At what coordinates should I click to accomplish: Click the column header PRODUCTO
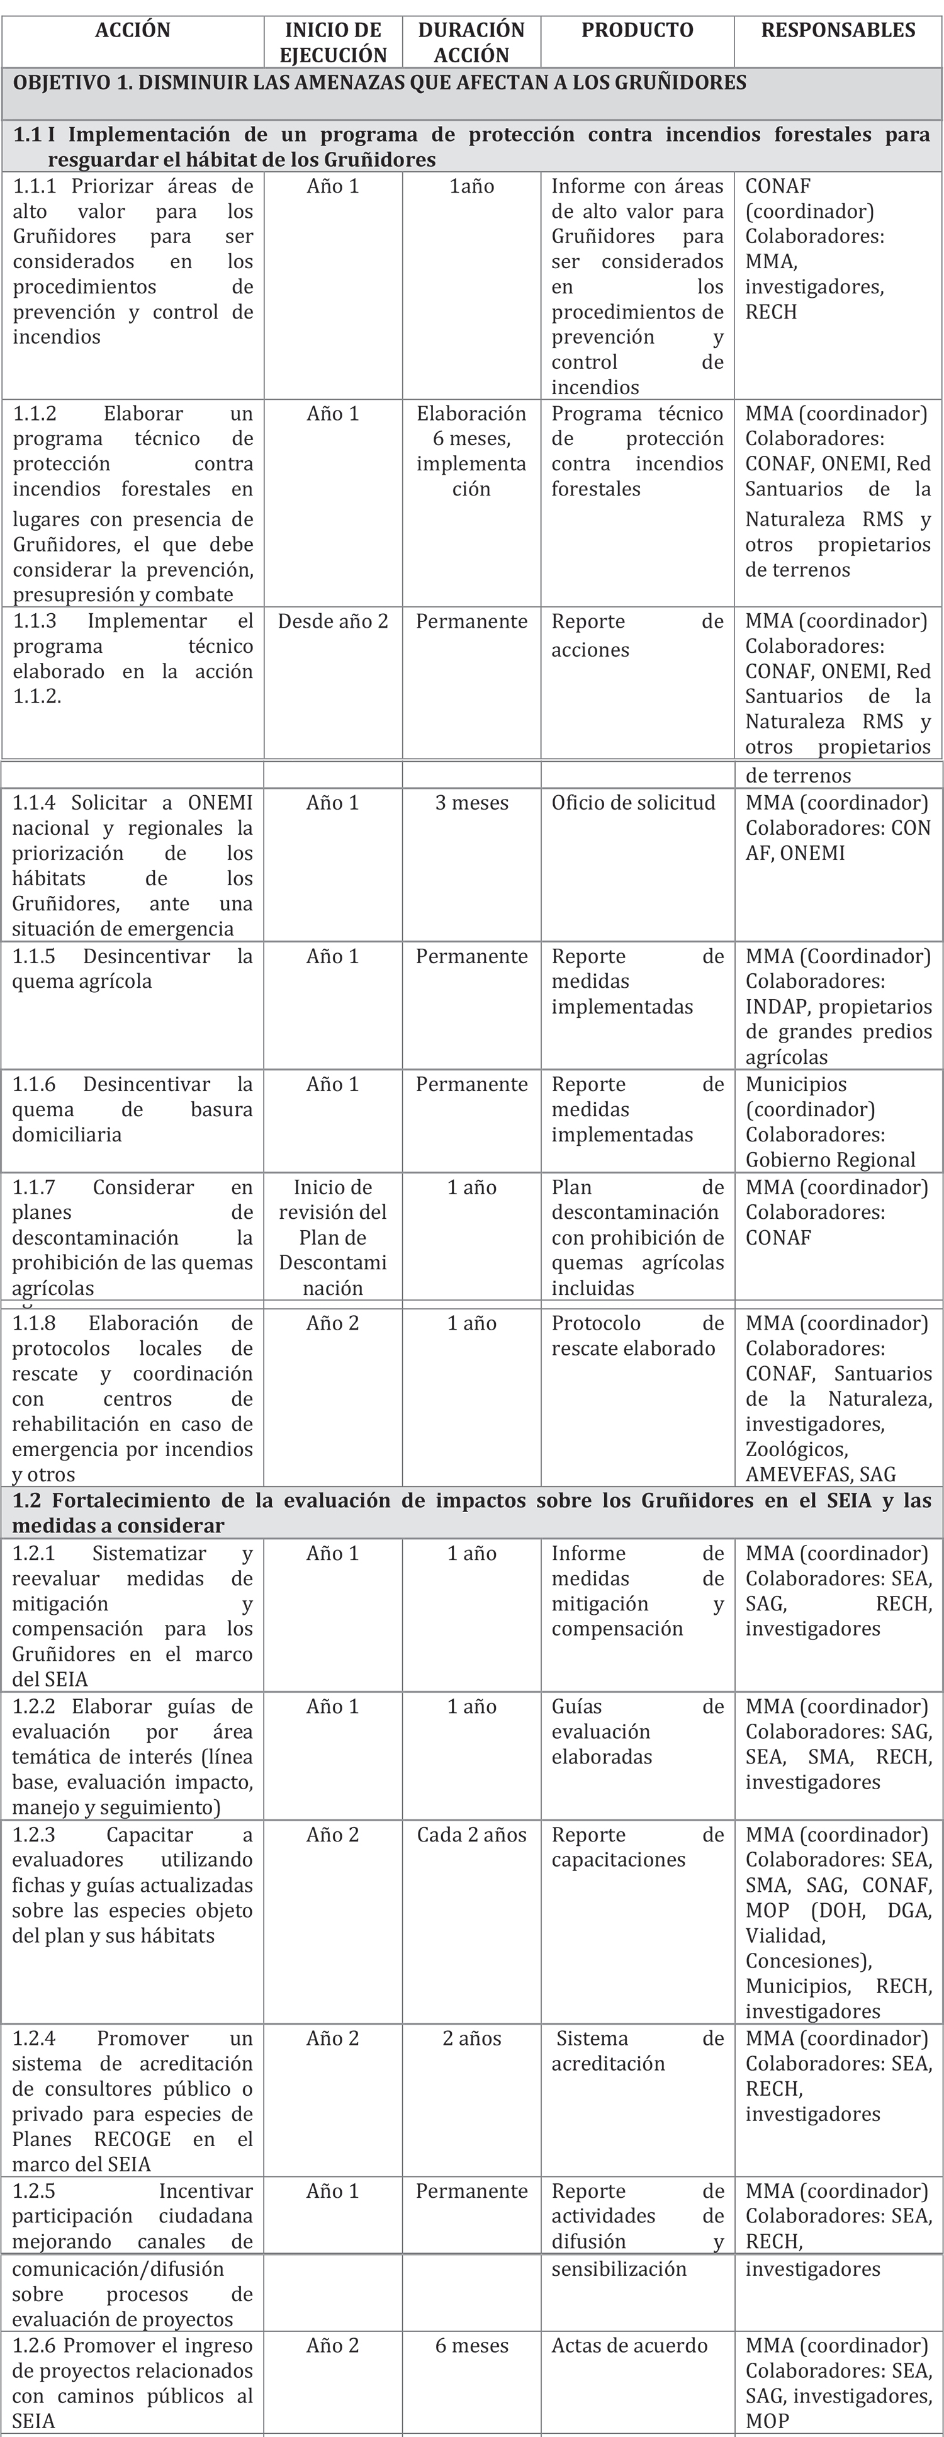[637, 30]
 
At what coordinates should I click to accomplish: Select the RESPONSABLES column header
[838, 30]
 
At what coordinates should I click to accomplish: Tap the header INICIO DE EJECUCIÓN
[333, 43]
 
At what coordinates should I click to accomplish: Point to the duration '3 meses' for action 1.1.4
[471, 803]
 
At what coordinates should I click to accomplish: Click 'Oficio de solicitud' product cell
[634, 803]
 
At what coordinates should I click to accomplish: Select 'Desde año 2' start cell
[333, 621]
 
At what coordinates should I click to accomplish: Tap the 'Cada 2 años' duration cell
[471, 1835]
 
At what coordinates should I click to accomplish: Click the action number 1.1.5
[34, 956]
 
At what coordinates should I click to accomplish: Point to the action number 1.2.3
[34, 1835]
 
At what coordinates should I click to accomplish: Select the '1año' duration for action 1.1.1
[471, 186]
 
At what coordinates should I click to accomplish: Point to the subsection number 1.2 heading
[28, 1500]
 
